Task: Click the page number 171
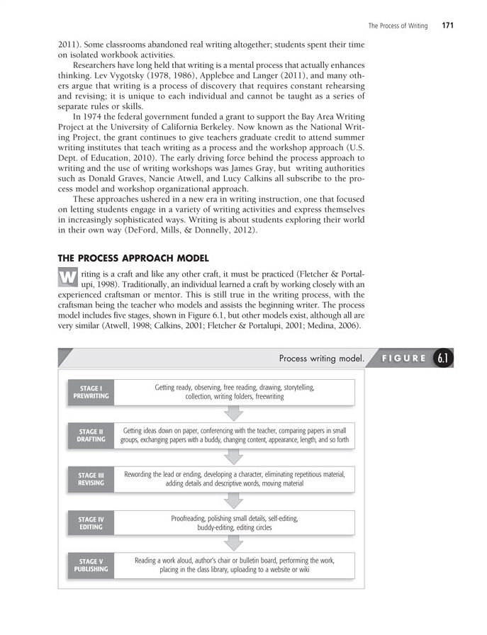tap(447, 26)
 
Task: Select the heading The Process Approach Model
tap(133, 258)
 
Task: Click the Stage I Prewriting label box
tap(91, 393)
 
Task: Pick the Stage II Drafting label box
tap(91, 435)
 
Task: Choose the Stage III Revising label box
tap(91, 479)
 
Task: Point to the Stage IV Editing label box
tap(91, 523)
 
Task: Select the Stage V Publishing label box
tap(91, 565)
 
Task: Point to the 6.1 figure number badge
tap(443, 359)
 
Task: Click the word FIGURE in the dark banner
tap(404, 359)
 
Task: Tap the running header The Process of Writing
tap(398, 26)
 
